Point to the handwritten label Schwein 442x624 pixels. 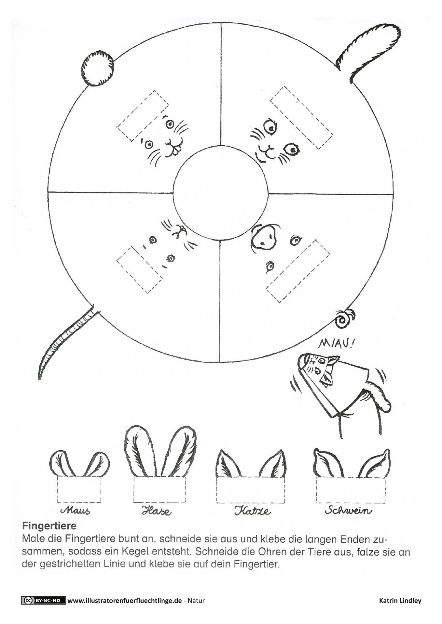coord(348,510)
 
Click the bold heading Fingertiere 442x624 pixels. coord(49,526)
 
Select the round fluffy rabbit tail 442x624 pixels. coord(98,69)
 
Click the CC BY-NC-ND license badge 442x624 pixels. coord(44,601)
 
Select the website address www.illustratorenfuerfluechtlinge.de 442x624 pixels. coord(124,601)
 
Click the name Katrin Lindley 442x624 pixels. coord(400,601)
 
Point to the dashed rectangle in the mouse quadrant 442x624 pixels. coord(139,269)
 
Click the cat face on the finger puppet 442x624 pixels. coord(317,366)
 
